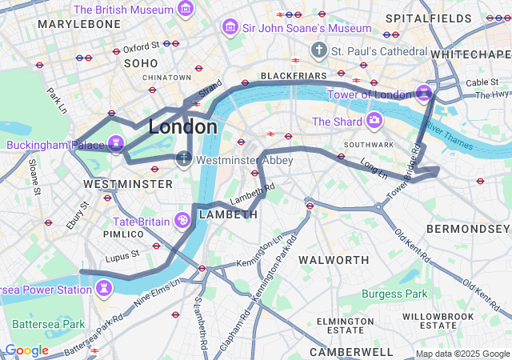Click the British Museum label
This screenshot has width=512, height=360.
point(123,10)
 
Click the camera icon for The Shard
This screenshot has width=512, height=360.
point(374,122)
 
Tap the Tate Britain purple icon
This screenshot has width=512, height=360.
point(182,221)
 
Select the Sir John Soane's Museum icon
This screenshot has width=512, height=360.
point(230,29)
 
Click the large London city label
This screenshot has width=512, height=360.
point(182,126)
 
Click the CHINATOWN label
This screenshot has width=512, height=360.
point(167,78)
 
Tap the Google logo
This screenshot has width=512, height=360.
point(26,350)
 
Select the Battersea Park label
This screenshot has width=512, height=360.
point(49,324)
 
